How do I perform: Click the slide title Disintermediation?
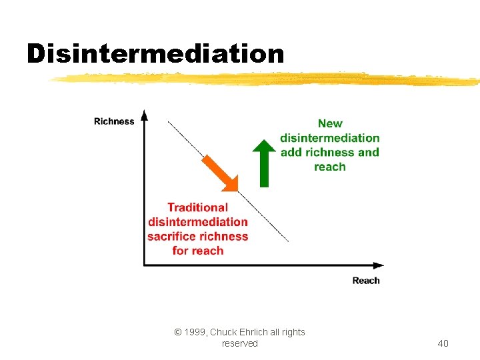(x=155, y=53)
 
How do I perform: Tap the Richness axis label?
(x=114, y=121)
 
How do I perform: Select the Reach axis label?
(x=366, y=281)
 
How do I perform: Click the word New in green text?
(x=330, y=123)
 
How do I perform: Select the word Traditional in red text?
(x=197, y=207)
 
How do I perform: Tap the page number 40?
(x=443, y=343)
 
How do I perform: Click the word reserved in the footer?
(x=239, y=343)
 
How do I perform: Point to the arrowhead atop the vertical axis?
(x=145, y=115)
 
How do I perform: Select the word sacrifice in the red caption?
(x=172, y=236)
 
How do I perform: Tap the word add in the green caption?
(x=291, y=152)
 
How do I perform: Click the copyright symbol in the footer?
(x=178, y=332)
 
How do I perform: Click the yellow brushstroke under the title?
(x=267, y=79)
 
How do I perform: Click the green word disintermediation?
(x=330, y=138)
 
